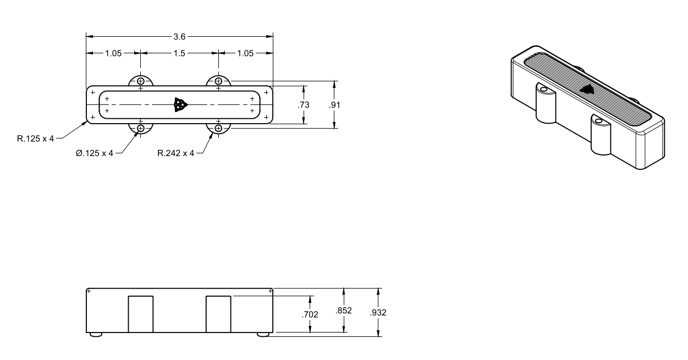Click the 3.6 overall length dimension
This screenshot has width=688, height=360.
[179, 37]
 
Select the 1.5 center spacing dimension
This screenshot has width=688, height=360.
[179, 53]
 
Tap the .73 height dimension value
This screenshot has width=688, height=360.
[304, 105]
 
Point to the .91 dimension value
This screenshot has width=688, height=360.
[334, 105]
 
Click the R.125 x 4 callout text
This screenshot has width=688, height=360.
[35, 139]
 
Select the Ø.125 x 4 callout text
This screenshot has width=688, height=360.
[95, 153]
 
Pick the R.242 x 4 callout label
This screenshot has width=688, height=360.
[175, 153]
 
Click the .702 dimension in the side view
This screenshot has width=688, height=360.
[310, 314]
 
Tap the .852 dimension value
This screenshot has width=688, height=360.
[344, 311]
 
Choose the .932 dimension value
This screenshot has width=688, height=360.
[378, 312]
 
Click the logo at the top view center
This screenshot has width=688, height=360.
[180, 105]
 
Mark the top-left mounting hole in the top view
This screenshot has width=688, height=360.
[141, 81]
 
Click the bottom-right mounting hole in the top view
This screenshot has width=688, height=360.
[218, 128]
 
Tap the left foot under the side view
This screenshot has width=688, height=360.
[96, 335]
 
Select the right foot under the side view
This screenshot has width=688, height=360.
[263, 335]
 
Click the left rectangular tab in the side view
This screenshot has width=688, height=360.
[141, 314]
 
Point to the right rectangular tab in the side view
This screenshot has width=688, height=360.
[218, 314]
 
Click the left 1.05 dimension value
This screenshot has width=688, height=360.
[113, 53]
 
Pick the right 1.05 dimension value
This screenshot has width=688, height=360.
[245, 53]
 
